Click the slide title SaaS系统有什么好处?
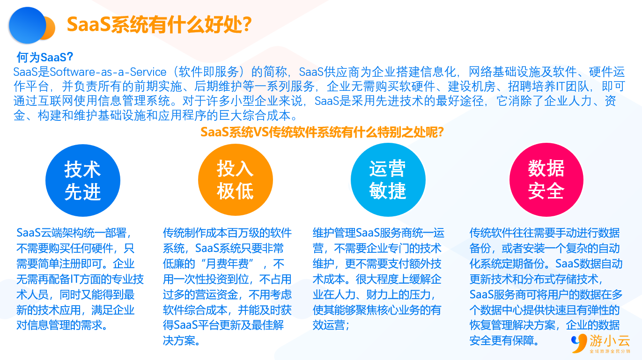(159, 25)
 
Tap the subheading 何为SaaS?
(44, 57)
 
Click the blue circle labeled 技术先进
(83, 180)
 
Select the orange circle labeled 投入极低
(235, 180)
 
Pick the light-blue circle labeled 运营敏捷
(388, 180)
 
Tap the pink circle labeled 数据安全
(546, 180)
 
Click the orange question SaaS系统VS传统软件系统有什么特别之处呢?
(322, 132)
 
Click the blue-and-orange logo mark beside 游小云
(579, 343)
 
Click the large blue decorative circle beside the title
(28, 25)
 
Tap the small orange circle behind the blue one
(49, 28)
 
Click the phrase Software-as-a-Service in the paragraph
(108, 72)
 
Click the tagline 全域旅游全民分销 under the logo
(610, 351)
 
